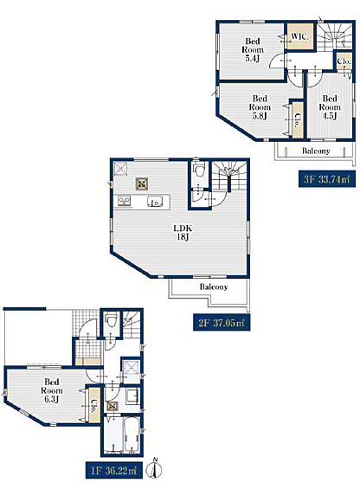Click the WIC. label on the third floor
299,36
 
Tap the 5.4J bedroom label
253,49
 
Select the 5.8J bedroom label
260,107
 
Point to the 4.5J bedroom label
330,107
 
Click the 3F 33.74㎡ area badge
326,179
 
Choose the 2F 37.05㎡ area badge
222,323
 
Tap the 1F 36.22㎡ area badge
114,470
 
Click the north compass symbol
156,467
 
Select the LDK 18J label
183,232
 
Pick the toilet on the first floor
111,320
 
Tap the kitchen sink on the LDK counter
155,202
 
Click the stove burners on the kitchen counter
124,201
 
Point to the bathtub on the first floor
132,434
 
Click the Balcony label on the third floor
316,151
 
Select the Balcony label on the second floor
214,286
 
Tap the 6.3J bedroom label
52,390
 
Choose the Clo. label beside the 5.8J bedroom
298,120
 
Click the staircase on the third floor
335,36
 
